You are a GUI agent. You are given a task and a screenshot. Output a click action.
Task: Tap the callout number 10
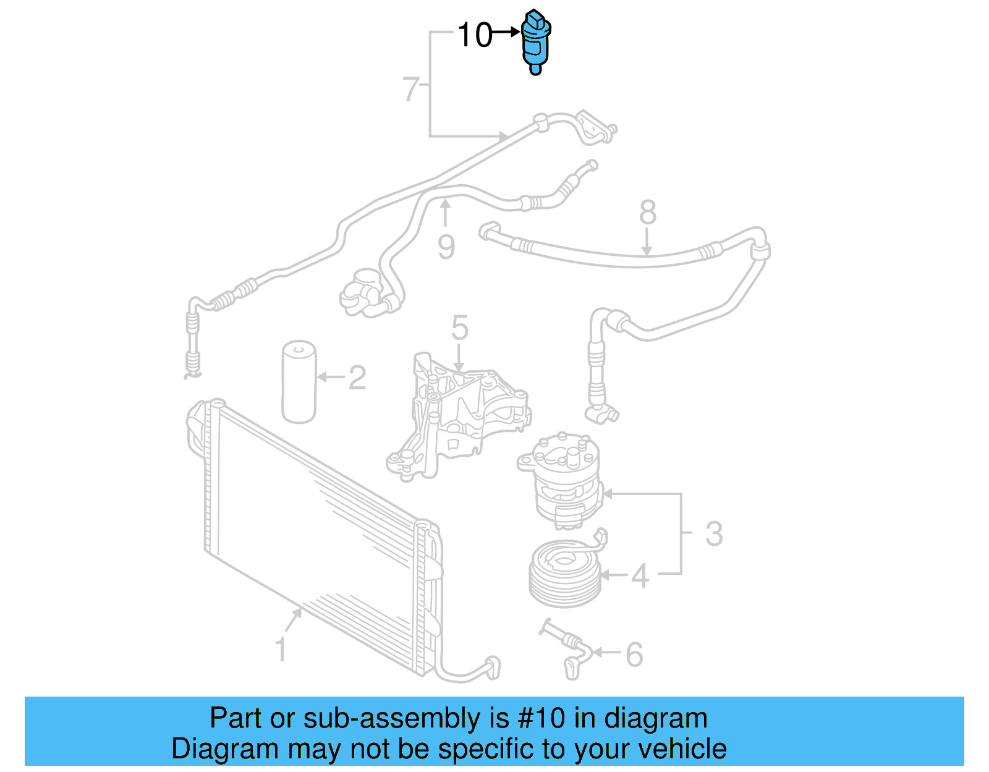[x=475, y=35]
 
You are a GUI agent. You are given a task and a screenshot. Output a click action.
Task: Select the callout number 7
[x=410, y=89]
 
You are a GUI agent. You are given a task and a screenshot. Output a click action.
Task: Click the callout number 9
[x=446, y=247]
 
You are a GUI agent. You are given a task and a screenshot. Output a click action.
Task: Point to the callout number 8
[x=647, y=213]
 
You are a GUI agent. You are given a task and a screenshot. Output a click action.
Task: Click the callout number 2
[x=357, y=378]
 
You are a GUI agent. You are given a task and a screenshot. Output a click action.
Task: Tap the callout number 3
[x=713, y=533]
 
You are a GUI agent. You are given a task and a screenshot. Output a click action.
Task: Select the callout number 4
[x=640, y=575]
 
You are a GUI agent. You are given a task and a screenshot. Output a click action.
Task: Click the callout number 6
[x=634, y=654]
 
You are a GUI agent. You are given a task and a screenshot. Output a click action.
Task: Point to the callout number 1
[x=281, y=650]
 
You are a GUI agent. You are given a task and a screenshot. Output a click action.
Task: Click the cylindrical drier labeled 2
[x=299, y=381]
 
